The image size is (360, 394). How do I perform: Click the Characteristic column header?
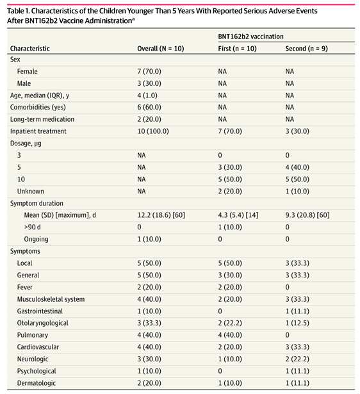pos(30,49)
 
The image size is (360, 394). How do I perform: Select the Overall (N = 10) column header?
pos(161,49)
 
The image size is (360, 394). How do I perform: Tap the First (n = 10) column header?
pos(237,49)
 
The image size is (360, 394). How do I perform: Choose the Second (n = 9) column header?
pos(306,49)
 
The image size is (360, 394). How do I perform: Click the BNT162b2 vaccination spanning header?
pos(250,37)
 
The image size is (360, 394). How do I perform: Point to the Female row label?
pos(27,72)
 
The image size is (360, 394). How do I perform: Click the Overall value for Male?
pos(149,83)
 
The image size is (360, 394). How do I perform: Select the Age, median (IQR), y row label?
pos(40,95)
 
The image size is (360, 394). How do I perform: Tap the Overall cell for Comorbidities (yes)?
pos(149,107)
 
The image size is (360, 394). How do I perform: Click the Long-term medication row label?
pos(42,119)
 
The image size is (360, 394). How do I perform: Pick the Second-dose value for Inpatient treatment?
pos(297,131)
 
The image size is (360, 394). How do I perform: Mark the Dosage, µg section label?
pos(26,144)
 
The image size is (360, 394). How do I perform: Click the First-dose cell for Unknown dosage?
pos(230,192)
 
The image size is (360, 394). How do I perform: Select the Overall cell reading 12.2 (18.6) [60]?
pos(161,215)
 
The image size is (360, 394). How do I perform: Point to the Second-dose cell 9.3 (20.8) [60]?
pos(307,215)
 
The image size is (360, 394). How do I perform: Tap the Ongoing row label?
pos(36,239)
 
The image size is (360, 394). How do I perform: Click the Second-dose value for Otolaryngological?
pos(297,323)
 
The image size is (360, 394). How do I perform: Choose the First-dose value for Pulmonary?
pos(230,335)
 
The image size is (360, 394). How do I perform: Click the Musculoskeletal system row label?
pos(51,299)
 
